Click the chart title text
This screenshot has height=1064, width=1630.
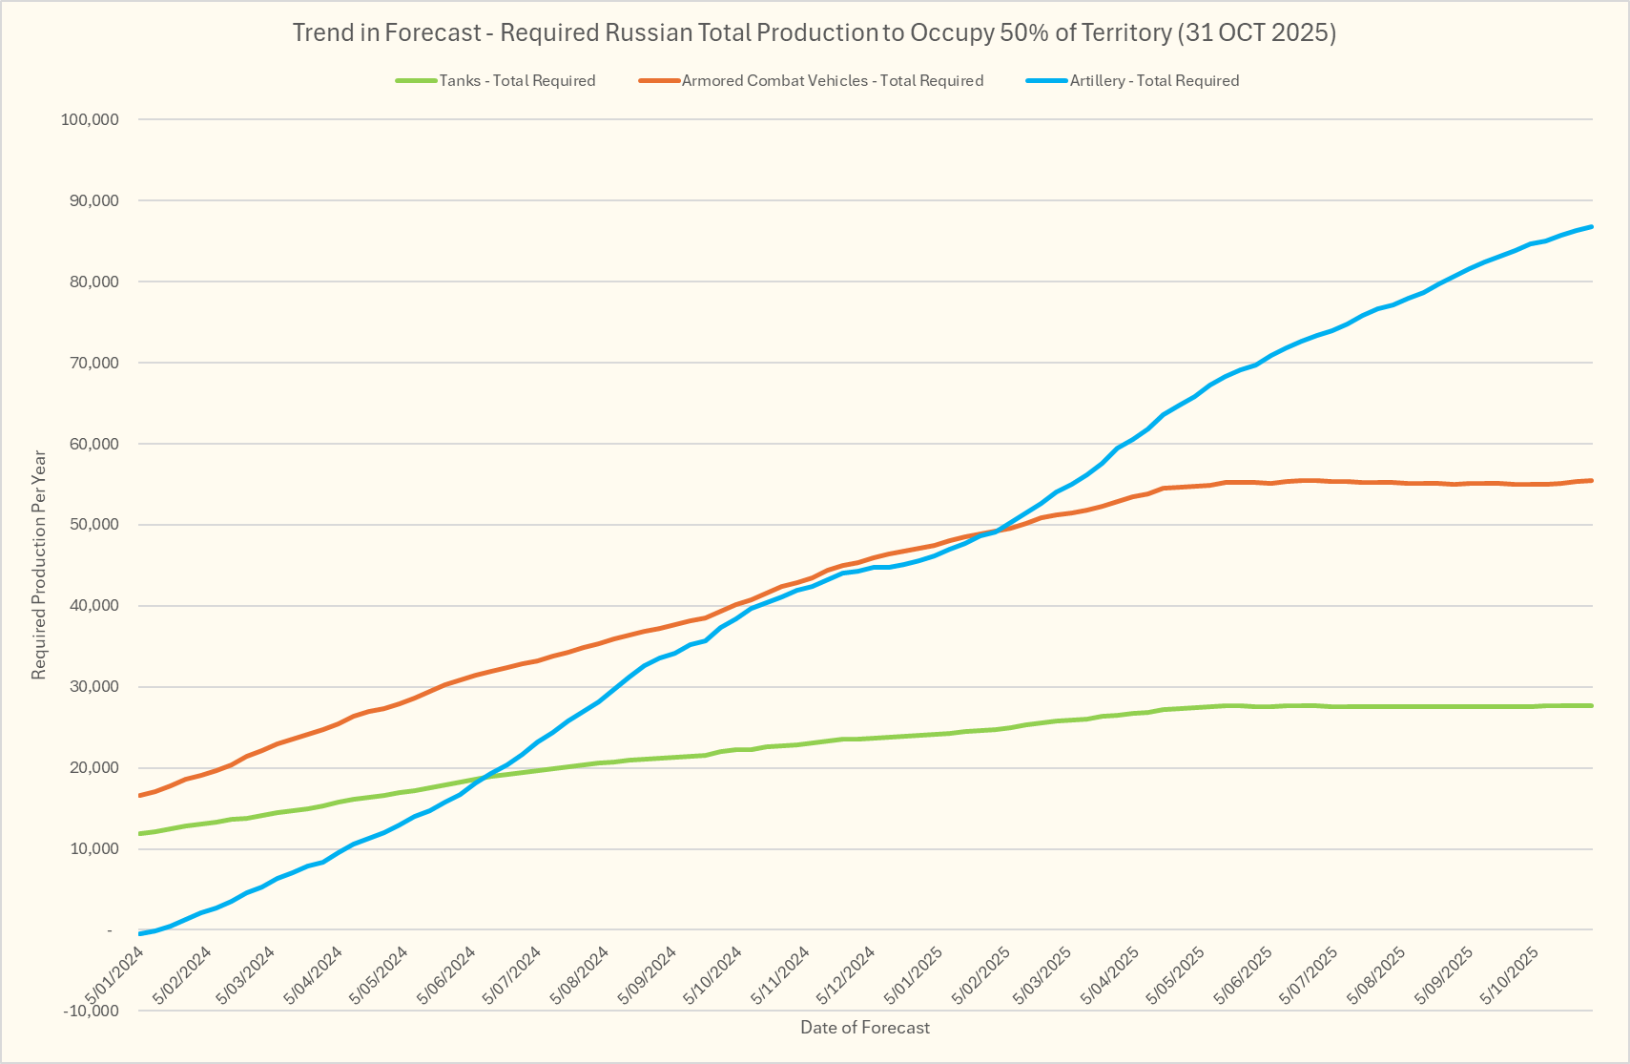814,32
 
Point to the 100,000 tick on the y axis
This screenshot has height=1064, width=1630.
90,119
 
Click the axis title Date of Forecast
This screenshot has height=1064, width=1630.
865,1028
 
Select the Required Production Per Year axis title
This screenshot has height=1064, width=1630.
39,565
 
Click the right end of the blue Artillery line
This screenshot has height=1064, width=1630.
1592,227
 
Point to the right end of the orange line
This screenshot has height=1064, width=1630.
1592,480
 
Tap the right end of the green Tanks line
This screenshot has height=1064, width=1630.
1592,705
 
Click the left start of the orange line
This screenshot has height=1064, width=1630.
140,795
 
